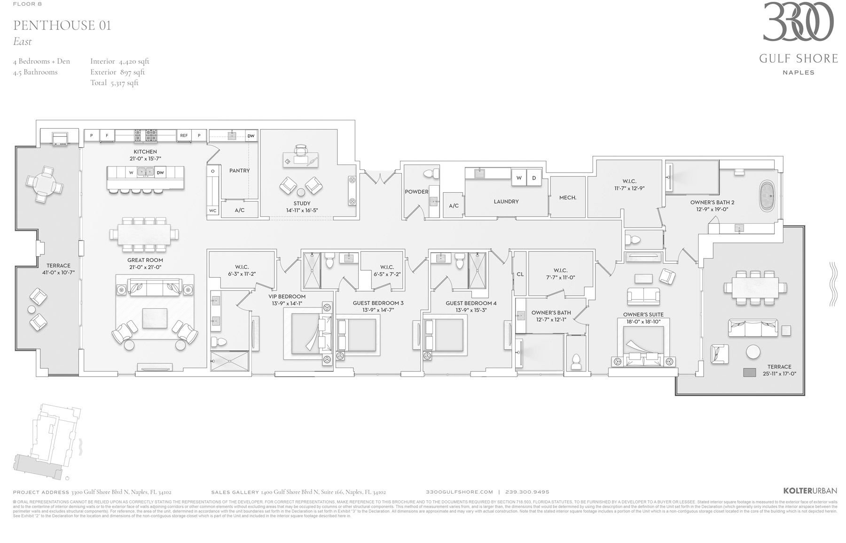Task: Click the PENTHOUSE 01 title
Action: tap(62, 25)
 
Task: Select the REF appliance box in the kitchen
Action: tap(184, 135)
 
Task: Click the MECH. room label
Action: tap(567, 197)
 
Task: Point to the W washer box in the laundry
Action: tap(519, 178)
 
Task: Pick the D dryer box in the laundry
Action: tap(534, 178)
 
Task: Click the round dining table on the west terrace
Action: tap(45, 184)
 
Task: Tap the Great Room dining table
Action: tap(144, 234)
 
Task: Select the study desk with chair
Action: tap(300, 159)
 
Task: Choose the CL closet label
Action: tap(520, 274)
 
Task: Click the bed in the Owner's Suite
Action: tap(643, 346)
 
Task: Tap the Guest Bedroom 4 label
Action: tap(471, 303)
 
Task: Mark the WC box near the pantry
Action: tap(213, 211)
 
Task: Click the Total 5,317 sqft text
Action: tap(114, 83)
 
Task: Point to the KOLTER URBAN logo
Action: tap(810, 491)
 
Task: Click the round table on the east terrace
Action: tap(753, 352)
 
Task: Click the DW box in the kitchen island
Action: tap(160, 173)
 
